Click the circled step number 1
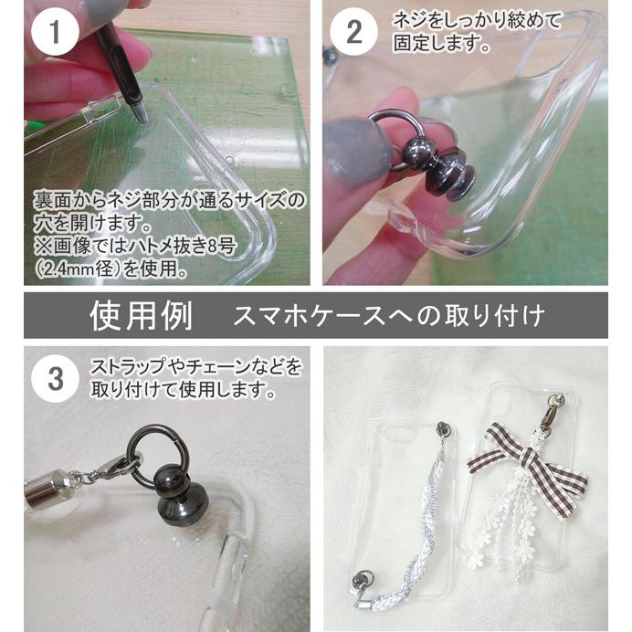(55, 35)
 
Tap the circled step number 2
(353, 35)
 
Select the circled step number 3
(55, 378)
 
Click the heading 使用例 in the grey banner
(141, 316)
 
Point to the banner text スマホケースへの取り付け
(389, 317)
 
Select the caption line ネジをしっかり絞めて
(477, 19)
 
